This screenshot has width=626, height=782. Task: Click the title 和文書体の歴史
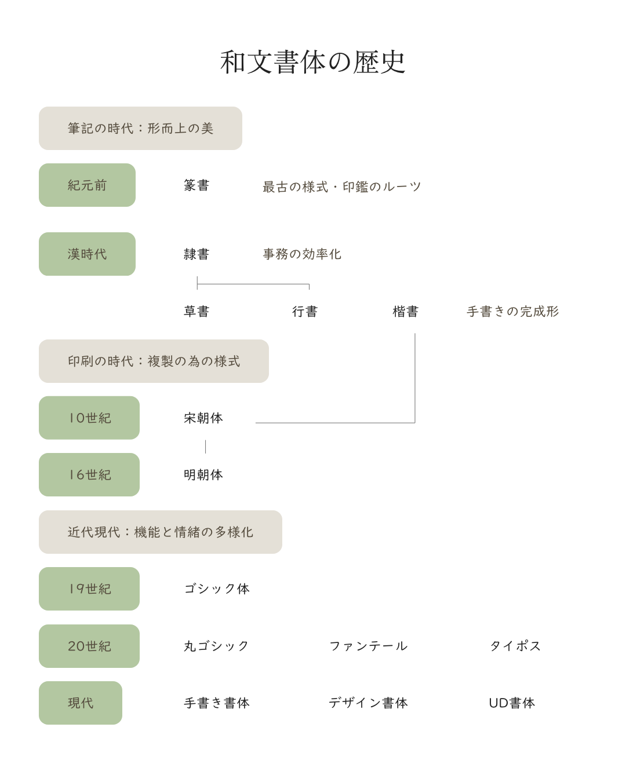pos(312,63)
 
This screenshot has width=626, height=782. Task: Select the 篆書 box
pos(196,185)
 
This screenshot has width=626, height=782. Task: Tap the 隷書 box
pos(196,254)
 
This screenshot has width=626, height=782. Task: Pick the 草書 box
pos(196,312)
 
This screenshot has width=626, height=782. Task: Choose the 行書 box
pos(304,312)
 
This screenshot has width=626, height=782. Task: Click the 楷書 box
pos(405,312)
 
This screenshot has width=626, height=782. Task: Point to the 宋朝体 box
pos(203,418)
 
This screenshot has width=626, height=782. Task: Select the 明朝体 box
pos(203,475)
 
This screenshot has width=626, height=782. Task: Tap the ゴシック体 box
pos(216,589)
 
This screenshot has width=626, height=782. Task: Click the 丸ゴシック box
pos(216,646)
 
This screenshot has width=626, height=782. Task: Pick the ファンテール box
pos(367,646)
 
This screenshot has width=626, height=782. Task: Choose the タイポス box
pos(515,646)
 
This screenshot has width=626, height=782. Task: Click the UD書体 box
pos(512,703)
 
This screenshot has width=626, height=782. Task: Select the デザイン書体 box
pos(367,703)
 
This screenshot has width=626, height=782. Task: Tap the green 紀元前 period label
pos(87,185)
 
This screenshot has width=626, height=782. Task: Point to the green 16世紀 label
pos(89,475)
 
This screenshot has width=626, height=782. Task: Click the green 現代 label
pos(81,703)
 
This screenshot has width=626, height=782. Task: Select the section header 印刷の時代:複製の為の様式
pos(154,361)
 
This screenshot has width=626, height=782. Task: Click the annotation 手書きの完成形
pos(512,312)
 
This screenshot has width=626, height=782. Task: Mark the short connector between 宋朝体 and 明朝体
pos(206,446)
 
